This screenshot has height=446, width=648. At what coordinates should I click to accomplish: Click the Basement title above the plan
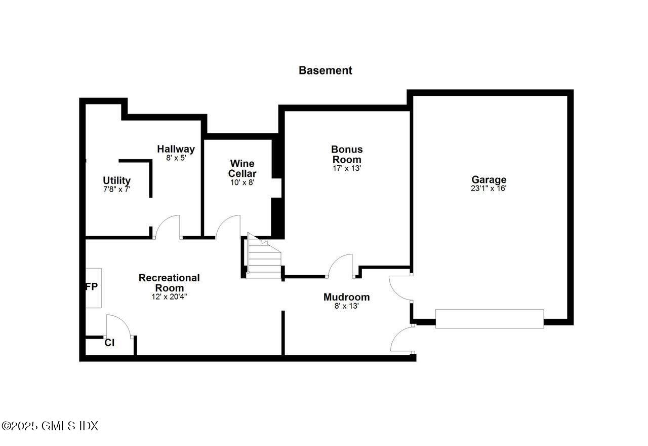click(x=325, y=70)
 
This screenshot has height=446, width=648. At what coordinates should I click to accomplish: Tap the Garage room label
click(x=489, y=179)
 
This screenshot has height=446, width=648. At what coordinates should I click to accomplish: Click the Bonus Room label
click(x=347, y=154)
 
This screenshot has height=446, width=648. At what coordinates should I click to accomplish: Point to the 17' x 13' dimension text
click(x=347, y=168)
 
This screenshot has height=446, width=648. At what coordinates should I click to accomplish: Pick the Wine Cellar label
click(x=242, y=168)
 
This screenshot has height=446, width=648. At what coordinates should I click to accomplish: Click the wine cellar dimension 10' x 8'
click(x=242, y=182)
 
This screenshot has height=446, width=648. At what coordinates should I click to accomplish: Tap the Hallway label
click(x=176, y=149)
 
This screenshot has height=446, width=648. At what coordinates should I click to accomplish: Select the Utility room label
click(x=117, y=180)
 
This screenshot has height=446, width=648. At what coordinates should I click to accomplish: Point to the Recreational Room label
click(x=169, y=283)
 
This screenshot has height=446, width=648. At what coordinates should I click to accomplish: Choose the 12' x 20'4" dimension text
click(x=169, y=297)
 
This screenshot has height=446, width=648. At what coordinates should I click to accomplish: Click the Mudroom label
click(x=346, y=297)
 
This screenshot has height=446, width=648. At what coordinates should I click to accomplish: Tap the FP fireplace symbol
click(x=93, y=287)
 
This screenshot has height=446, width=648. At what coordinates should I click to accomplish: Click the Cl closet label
click(x=109, y=343)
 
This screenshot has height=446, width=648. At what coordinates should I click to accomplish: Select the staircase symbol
click(x=263, y=258)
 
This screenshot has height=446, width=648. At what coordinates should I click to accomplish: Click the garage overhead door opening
click(x=490, y=319)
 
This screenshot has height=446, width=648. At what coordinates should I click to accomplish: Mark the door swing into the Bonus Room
click(x=341, y=266)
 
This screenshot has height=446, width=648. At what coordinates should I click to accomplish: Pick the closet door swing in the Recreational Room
click(x=118, y=326)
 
